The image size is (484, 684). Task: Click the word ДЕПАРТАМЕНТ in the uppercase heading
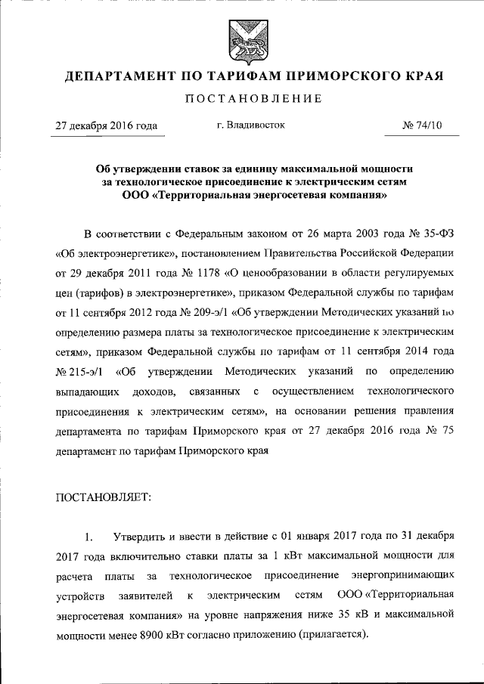click(118, 76)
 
